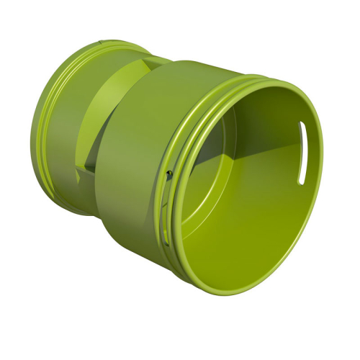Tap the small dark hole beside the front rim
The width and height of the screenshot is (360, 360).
point(168,173)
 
